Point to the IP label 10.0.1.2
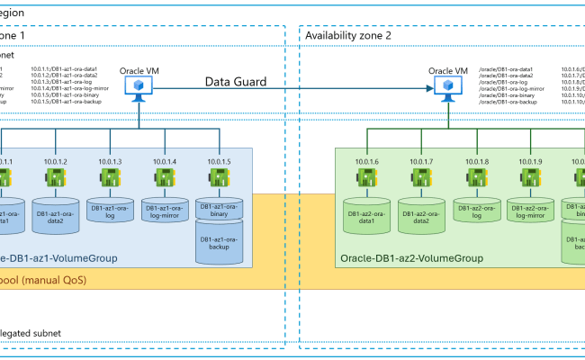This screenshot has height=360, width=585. [x=56, y=161]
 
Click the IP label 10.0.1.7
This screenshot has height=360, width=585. [x=421, y=161]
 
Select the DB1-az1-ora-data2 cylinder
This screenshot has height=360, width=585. [x=56, y=214]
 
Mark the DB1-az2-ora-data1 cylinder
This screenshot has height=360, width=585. [x=366, y=214]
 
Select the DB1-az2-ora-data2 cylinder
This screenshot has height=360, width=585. [x=421, y=214]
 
